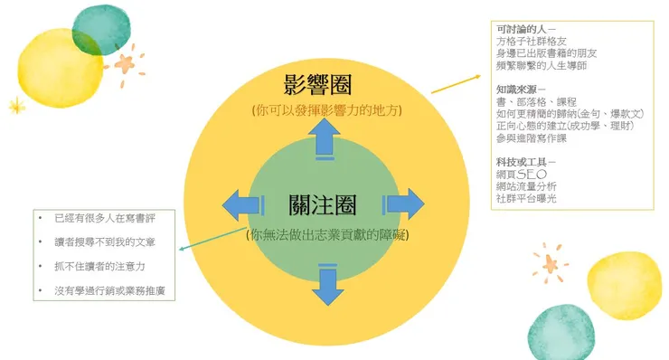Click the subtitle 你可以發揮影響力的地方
327,110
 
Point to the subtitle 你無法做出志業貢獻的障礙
327,235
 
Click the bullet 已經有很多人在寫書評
104,220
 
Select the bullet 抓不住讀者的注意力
99,267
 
